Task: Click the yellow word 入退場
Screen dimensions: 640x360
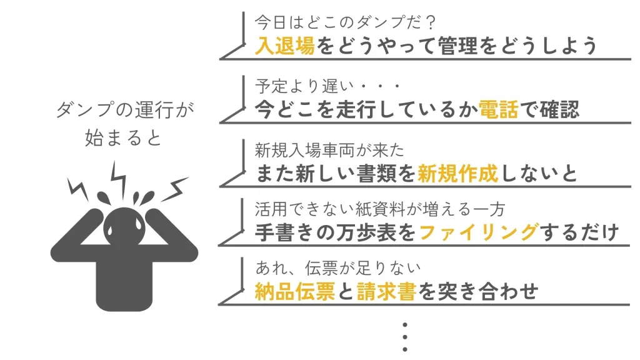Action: [285, 45]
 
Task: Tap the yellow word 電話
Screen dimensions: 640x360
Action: [498, 109]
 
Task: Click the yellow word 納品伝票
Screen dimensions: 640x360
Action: [295, 291]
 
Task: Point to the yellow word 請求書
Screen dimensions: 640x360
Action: [386, 291]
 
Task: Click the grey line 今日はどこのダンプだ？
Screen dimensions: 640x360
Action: [345, 22]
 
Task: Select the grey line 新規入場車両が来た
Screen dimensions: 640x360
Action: [329, 150]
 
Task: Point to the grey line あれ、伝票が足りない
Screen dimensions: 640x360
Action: [338, 268]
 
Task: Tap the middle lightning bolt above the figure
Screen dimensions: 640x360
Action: [119, 179]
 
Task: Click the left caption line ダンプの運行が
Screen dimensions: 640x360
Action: [124, 110]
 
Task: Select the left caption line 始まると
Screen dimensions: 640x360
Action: [124, 138]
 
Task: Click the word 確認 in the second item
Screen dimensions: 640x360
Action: [559, 109]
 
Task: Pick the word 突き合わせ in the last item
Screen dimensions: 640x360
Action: [488, 291]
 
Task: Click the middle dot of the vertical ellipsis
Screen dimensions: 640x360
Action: [405, 337]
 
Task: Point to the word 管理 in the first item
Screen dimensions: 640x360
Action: [457, 45]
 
